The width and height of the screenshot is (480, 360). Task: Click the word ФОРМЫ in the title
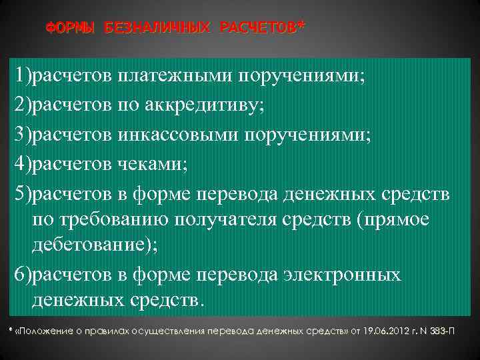(x=71, y=27)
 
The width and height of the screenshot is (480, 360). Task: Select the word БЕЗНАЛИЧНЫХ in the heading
(x=157, y=27)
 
